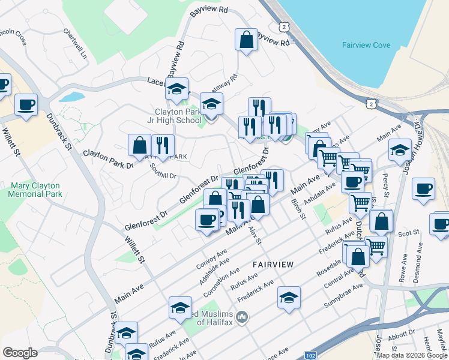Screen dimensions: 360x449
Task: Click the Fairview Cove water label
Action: click(x=366, y=45)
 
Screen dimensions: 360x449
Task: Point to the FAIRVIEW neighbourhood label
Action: click(x=273, y=264)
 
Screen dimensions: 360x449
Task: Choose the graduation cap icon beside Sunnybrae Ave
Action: click(x=289, y=298)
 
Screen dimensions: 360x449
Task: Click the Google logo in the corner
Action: click(x=20, y=353)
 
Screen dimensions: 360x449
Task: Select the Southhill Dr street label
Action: click(x=163, y=171)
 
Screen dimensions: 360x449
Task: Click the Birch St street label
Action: click(x=298, y=210)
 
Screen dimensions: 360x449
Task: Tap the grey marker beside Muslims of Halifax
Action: click(x=242, y=316)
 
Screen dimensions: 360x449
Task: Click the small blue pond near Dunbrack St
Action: click(x=72, y=96)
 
